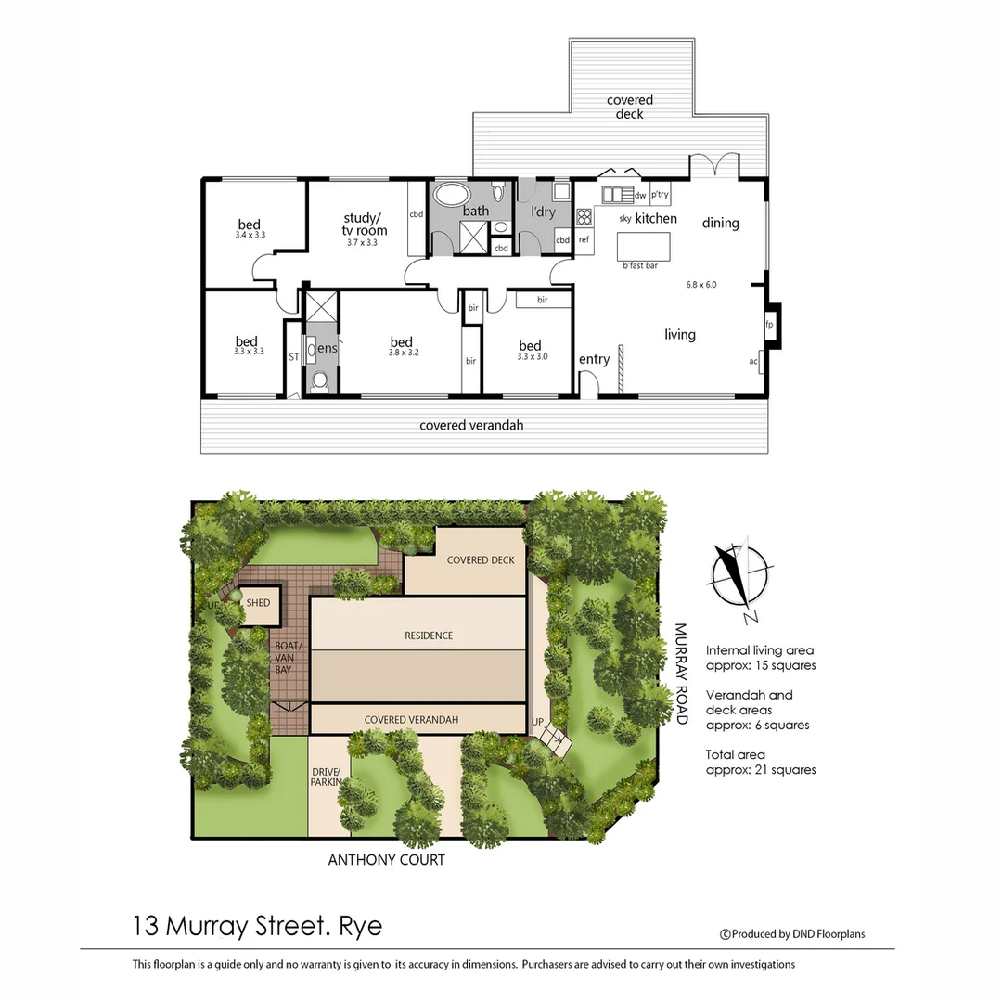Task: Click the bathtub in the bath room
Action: pos(453,195)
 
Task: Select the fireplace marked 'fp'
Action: pos(769,325)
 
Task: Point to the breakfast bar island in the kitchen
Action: pos(643,246)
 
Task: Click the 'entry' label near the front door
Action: pos(594,359)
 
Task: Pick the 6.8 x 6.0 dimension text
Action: pos(701,284)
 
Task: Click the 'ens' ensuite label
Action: pos(328,348)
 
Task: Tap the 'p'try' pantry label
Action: pos(660,195)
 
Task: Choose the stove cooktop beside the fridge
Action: pos(584,217)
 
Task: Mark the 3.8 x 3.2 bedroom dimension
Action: pos(401,354)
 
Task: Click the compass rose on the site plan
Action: pos(739,576)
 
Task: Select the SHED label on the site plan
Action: pos(258,603)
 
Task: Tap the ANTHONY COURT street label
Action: pos(386,860)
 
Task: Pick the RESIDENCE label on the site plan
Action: pos(429,636)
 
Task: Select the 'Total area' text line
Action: pos(736,754)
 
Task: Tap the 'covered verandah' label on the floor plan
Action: pos(471,426)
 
